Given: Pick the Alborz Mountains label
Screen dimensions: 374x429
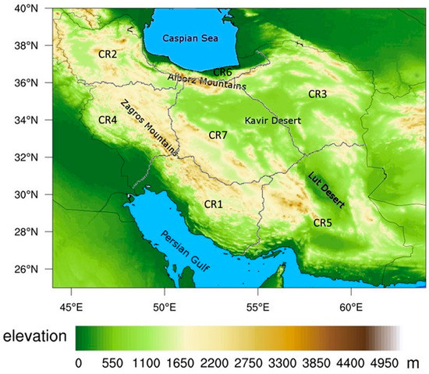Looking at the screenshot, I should [x=207, y=82].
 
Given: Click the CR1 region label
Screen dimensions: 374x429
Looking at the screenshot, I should [x=214, y=204].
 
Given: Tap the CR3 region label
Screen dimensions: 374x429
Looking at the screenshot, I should [x=317, y=93].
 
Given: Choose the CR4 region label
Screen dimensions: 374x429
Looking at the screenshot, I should [x=108, y=120].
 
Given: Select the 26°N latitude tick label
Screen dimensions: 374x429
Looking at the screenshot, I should [x=36, y=270].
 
